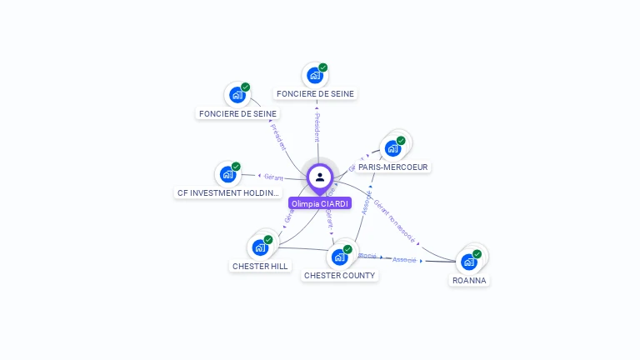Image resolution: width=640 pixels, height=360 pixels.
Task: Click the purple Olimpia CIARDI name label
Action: click(x=320, y=203)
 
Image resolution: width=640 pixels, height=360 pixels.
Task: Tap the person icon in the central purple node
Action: click(x=320, y=177)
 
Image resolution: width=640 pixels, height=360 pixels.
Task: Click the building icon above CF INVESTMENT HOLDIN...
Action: click(x=227, y=175)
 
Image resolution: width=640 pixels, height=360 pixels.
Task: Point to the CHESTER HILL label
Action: click(x=260, y=266)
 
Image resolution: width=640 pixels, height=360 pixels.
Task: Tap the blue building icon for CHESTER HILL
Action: click(x=260, y=247)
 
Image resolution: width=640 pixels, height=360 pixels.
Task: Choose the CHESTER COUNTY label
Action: click(x=339, y=275)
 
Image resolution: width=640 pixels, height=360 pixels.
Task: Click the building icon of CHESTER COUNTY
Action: click(x=339, y=257)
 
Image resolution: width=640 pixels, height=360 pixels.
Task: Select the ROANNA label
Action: click(x=469, y=281)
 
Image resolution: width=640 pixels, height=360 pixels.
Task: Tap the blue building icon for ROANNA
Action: click(x=469, y=262)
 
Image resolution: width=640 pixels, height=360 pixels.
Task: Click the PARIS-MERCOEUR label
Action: click(x=393, y=167)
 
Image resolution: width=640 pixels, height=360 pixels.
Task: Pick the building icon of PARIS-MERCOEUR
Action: click(x=392, y=148)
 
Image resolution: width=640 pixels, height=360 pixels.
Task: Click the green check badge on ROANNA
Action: click(x=477, y=254)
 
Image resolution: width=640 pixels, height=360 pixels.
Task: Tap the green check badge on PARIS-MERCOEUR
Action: click(x=401, y=141)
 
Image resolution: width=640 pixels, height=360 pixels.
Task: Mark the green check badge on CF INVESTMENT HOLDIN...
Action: click(x=236, y=167)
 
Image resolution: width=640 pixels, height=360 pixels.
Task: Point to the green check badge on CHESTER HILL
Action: click(x=268, y=240)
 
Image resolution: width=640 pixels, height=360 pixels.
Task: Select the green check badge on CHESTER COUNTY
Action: click(x=347, y=249)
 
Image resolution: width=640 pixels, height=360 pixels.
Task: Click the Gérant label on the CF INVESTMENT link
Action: click(x=273, y=177)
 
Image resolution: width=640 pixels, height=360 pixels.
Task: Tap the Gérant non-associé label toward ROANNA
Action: click(x=395, y=220)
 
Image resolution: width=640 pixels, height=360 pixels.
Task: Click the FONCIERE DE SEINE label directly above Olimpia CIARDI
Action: click(x=315, y=94)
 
